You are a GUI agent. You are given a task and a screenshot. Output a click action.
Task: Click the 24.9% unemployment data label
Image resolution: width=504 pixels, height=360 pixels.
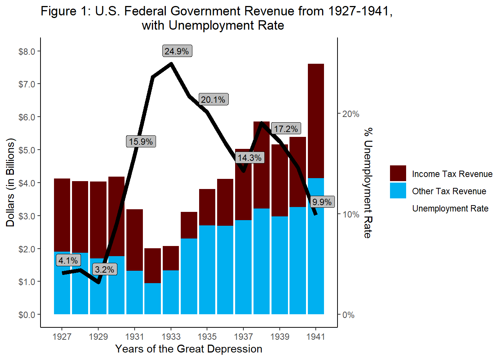(x=177, y=51)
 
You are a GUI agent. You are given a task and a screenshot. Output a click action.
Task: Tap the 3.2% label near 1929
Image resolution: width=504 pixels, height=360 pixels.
(x=105, y=269)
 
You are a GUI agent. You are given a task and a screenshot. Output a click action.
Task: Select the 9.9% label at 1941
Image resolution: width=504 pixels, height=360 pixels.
(x=322, y=202)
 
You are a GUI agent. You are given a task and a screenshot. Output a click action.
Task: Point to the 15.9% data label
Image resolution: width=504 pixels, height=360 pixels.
(x=141, y=141)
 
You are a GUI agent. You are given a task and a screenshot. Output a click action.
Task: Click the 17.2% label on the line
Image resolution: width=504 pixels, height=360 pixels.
(x=286, y=129)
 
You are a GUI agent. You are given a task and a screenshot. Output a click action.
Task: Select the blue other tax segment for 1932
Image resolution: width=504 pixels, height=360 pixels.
(x=153, y=298)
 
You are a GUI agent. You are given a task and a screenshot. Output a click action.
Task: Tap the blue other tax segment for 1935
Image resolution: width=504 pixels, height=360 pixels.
(x=207, y=270)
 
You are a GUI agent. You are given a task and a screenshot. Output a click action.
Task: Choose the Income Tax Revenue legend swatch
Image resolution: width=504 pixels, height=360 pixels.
(x=398, y=173)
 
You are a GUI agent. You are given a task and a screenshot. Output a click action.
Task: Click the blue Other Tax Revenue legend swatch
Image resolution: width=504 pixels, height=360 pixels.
(x=398, y=190)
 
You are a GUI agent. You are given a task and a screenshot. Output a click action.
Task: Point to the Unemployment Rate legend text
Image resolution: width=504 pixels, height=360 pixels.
(x=450, y=208)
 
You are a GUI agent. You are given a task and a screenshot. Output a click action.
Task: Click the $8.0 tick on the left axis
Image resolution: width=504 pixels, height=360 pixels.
(x=27, y=51)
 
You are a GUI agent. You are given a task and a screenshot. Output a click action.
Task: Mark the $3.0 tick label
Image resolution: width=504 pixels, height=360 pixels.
(x=27, y=216)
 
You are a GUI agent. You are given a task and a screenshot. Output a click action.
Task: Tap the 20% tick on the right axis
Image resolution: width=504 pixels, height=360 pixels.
(x=351, y=114)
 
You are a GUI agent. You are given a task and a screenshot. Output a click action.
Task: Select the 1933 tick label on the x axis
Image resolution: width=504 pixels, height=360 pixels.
(x=171, y=336)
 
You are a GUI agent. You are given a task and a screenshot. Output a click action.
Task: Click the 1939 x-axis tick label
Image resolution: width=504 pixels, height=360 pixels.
(x=280, y=336)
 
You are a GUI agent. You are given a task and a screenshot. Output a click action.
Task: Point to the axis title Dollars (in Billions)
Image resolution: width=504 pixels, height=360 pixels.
(x=10, y=183)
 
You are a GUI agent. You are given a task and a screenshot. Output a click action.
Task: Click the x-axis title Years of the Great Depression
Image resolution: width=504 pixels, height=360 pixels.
(x=189, y=349)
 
